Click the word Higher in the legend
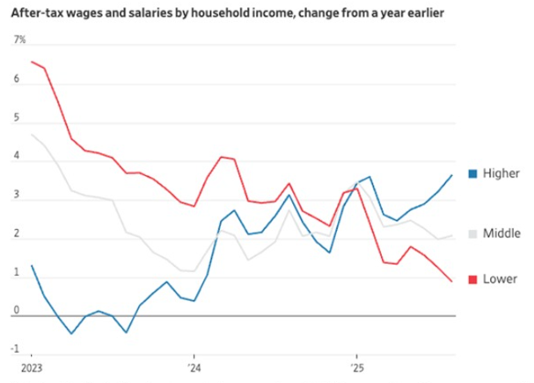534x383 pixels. (x=502, y=173)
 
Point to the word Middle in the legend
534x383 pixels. (x=501, y=234)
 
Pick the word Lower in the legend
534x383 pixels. (x=500, y=279)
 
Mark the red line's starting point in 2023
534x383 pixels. (x=32, y=62)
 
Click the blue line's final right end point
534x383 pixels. (x=452, y=175)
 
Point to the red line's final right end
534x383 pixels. (x=452, y=282)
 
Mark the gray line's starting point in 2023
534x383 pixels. (x=32, y=135)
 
